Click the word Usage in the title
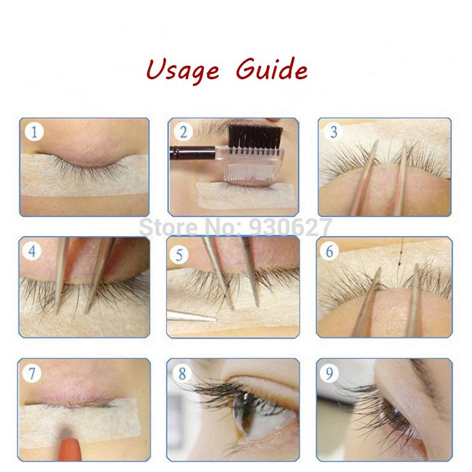tap(183, 70)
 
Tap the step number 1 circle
tap(34, 132)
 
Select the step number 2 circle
tap(183, 132)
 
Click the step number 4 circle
tap(33, 251)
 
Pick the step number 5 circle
tap(180, 254)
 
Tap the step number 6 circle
tap(330, 251)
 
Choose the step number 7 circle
tap(33, 373)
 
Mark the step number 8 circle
tap(182, 373)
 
